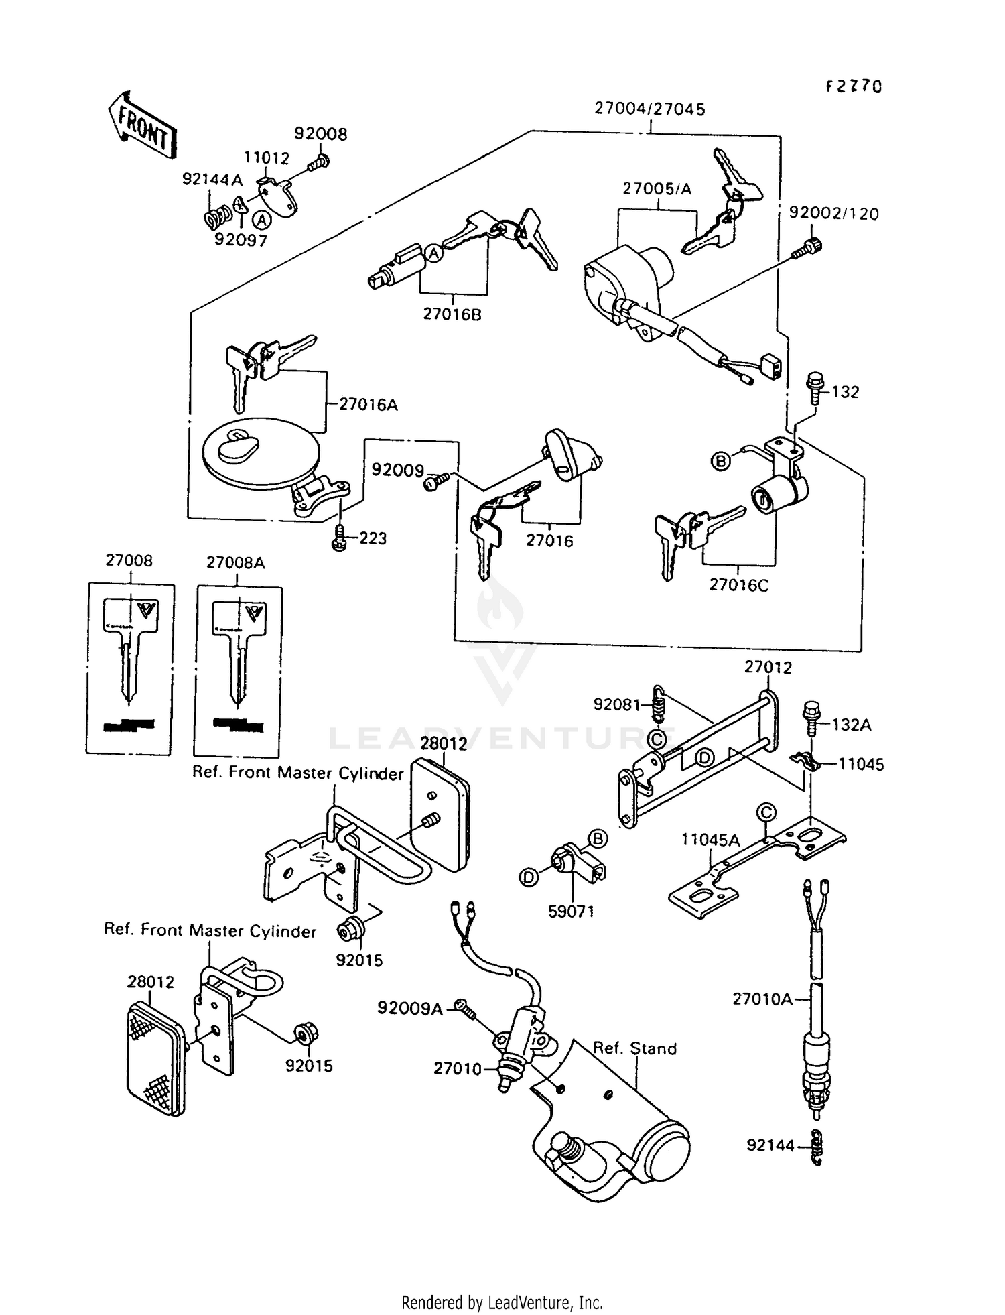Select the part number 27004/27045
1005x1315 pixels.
point(649,109)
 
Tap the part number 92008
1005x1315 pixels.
point(321,134)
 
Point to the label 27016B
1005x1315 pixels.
point(452,314)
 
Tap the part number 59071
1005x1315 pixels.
point(571,912)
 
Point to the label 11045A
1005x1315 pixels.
point(711,840)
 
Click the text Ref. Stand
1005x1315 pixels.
point(634,1048)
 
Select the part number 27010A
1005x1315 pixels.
point(762,999)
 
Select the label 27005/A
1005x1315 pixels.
point(657,189)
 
